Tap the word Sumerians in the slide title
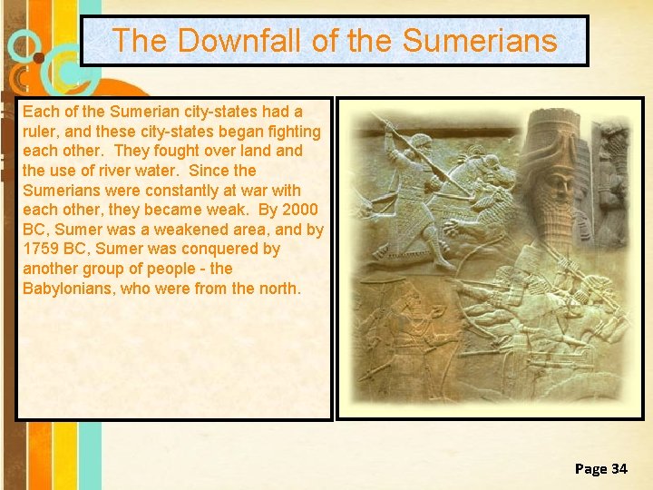tap(479, 41)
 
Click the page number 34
tap(619, 468)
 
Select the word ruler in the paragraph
tap(41, 131)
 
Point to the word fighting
tap(290, 131)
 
